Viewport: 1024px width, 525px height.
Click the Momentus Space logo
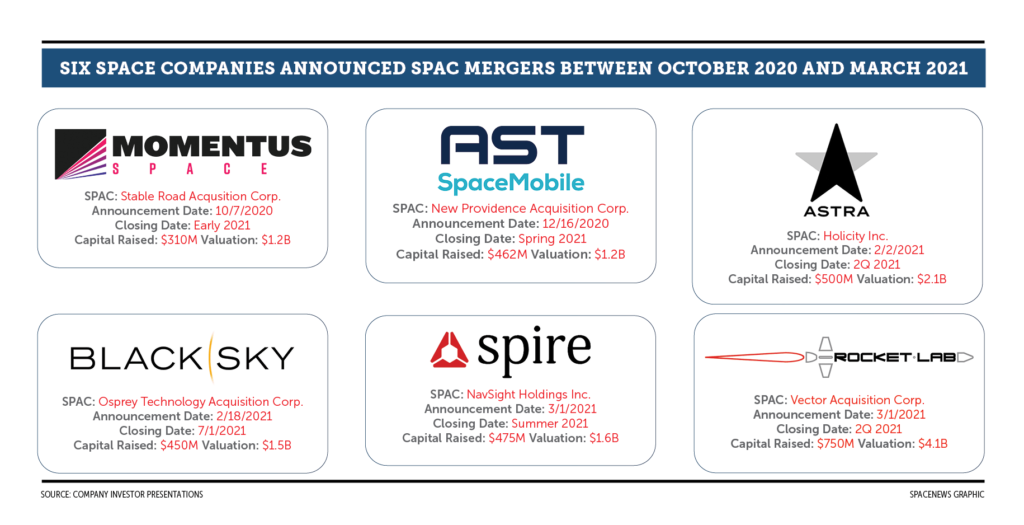tap(183, 154)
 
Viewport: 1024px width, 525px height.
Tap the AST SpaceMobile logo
tap(511, 160)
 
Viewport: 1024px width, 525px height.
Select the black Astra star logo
tap(836, 163)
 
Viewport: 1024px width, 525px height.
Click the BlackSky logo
tap(182, 358)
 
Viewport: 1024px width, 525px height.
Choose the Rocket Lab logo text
tap(895, 357)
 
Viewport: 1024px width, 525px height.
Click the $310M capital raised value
tap(179, 240)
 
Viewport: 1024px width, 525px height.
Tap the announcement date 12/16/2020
tap(575, 224)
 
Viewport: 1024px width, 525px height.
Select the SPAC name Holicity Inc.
tap(856, 236)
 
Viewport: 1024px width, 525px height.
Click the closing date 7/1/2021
tap(222, 431)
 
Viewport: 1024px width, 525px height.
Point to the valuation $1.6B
tap(604, 438)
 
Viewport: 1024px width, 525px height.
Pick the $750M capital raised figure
tap(836, 444)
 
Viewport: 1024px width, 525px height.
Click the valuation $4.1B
tap(933, 444)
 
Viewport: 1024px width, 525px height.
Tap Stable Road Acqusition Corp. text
tap(201, 196)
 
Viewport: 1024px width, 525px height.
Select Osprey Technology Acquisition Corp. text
tap(201, 402)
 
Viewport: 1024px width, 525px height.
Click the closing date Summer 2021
tap(550, 424)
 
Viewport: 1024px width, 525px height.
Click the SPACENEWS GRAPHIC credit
tap(947, 495)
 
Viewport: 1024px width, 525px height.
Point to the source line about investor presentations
tap(122, 495)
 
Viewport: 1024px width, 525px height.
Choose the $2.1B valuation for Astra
tap(932, 279)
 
